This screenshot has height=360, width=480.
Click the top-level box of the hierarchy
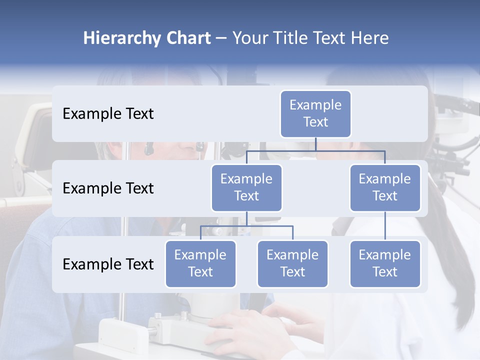point(315,114)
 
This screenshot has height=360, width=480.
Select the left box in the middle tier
point(246,188)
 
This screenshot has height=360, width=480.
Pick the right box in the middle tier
point(385,188)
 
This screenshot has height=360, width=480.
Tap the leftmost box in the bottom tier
point(200,264)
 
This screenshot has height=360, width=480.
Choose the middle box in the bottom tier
point(292,264)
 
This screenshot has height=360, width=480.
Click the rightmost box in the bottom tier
point(385,264)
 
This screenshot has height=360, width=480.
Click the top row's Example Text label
point(108,114)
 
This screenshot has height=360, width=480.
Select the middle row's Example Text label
point(108,188)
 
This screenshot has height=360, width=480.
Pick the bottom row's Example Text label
point(108,264)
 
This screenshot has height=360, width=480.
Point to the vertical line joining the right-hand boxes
point(385,226)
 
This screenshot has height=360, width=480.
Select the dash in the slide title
point(221,38)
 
